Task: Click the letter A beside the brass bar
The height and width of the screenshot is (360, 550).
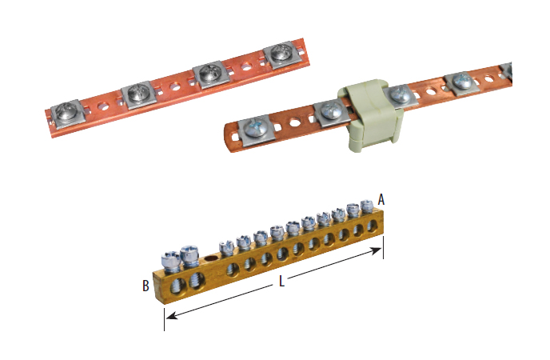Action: click(x=381, y=200)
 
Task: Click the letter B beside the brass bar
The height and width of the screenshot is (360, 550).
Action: click(x=145, y=286)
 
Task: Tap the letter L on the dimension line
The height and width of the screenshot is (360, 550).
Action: click(x=281, y=281)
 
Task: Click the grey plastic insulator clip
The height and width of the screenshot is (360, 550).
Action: click(x=369, y=114)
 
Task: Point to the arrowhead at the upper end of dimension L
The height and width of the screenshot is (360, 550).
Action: click(x=377, y=250)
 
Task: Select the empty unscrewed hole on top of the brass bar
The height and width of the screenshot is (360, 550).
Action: click(x=210, y=259)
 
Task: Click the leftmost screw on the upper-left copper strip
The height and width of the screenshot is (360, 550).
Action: click(x=66, y=113)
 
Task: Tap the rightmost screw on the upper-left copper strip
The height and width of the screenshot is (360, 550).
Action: click(x=282, y=52)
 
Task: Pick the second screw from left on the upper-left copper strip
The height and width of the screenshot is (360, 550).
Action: click(x=138, y=93)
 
